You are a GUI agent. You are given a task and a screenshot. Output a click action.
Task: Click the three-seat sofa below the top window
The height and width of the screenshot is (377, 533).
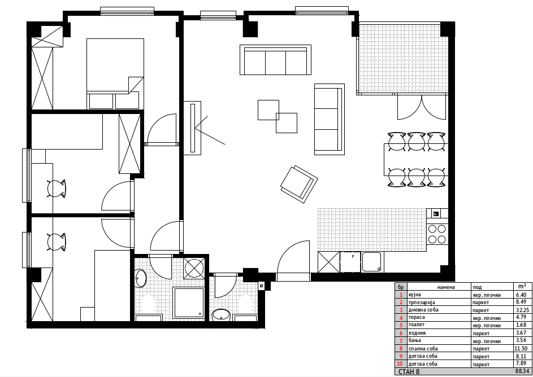pos(275,60)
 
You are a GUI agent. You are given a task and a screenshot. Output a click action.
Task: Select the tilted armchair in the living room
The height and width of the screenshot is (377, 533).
pos(299,184)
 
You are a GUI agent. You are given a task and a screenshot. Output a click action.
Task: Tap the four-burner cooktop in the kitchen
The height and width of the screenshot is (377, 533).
pos(437,234)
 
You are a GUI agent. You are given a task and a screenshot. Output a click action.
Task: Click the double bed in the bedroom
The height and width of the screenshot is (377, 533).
pos(115,73)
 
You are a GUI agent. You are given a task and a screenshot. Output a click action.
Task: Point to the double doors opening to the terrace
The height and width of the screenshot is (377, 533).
pos(422,107)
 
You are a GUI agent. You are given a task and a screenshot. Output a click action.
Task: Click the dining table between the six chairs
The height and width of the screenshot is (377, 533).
pos(416,160)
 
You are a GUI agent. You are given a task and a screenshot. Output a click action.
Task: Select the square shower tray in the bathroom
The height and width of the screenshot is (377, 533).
pos(189,303)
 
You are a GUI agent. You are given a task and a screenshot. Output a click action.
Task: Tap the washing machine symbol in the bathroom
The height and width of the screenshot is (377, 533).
pos(194,268)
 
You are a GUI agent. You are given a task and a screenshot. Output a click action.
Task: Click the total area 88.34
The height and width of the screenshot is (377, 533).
pos(522,371)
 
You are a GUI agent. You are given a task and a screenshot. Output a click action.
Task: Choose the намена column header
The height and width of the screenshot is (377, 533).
pos(445,287)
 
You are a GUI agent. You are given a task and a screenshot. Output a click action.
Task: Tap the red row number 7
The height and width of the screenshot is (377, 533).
pos(401,341)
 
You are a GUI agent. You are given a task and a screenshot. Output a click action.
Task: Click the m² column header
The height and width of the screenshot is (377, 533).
pos(522,286)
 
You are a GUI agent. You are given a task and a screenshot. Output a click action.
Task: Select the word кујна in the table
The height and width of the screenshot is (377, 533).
pos(415,295)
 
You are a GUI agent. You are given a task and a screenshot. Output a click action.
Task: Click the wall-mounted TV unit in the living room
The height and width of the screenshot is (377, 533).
pos(192,128)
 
